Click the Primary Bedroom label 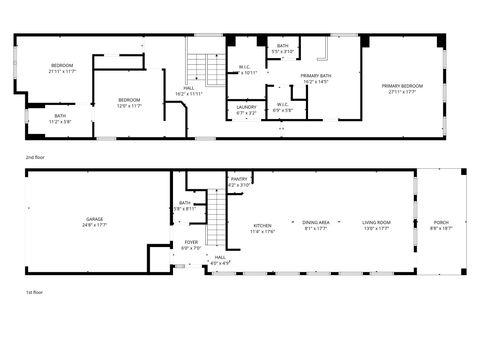click(403, 86)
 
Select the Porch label click(441, 221)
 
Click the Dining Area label click(316, 221)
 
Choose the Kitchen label click(262, 225)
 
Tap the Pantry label click(239, 179)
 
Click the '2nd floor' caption click(36, 157)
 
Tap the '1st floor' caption click(35, 292)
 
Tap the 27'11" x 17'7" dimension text click(403, 92)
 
